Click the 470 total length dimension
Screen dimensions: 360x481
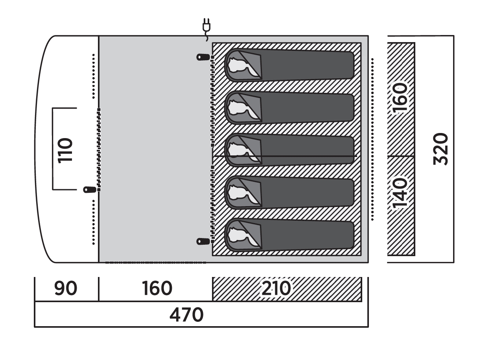pos(186,315)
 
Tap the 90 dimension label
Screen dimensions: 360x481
pos(66,289)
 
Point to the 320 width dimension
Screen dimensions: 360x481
pos(441,149)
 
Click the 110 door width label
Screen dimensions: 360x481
pos(65,150)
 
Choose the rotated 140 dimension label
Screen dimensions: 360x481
pos(401,193)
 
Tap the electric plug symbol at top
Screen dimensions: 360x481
pos(206,27)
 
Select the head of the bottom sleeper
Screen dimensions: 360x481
pos(238,234)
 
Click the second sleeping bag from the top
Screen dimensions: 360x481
pos(291,107)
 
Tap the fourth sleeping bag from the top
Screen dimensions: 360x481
pos(291,192)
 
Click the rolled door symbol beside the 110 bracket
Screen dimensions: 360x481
pos(90,190)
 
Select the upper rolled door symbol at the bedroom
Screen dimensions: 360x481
pos(203,57)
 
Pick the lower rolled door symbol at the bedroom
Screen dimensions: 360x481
pos(203,241)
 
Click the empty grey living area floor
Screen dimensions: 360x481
pos(153,150)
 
